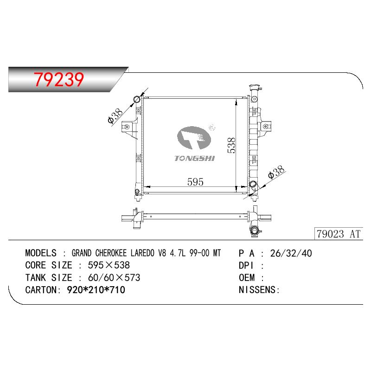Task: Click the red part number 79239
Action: tap(59, 79)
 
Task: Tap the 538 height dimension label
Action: tap(231, 145)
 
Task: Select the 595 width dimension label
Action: tap(195, 182)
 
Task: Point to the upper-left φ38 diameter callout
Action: tap(115, 116)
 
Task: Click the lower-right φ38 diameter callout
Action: tap(276, 172)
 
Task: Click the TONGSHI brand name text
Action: tap(194, 158)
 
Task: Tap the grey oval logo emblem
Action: tap(194, 138)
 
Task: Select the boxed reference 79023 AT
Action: tap(339, 234)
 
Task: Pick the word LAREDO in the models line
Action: tap(142, 253)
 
